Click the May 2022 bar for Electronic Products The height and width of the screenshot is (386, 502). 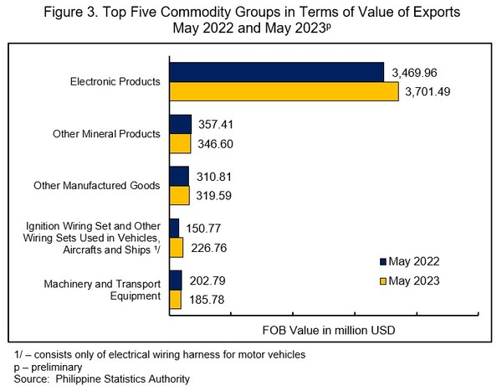[276, 72]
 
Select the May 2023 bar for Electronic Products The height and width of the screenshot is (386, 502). [284, 91]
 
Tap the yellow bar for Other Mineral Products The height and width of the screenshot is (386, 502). [180, 143]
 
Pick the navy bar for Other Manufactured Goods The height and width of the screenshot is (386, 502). [179, 176]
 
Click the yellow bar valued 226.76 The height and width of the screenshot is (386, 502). [176, 247]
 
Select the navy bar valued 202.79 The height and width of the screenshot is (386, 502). [175, 280]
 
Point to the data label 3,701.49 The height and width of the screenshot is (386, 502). [428, 91]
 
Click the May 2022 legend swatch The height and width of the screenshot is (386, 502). [383, 261]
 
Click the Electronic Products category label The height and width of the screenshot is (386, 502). [115, 82]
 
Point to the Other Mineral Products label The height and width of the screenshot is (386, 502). [105, 134]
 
